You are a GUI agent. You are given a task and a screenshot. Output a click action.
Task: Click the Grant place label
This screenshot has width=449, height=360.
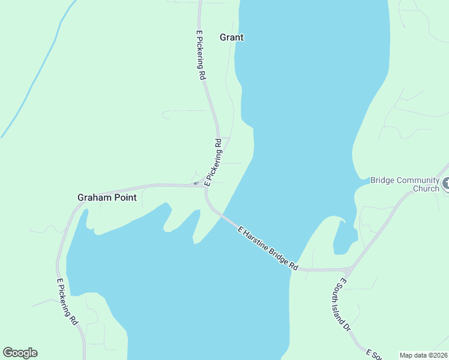click(x=232, y=37)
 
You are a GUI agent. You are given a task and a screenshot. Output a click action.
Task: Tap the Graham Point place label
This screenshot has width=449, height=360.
click(x=107, y=197)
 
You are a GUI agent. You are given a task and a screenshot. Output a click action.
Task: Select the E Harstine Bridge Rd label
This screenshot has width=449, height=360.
click(x=268, y=248)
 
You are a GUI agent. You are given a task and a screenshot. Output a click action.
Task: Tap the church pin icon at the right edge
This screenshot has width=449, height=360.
click(x=446, y=184)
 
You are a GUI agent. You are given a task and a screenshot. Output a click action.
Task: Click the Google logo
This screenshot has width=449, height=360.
click(x=20, y=353)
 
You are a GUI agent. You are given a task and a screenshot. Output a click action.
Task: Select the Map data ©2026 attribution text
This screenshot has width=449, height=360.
click(x=424, y=355)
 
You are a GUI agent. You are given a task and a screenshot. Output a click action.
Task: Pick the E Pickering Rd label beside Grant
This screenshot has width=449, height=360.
click(x=201, y=56)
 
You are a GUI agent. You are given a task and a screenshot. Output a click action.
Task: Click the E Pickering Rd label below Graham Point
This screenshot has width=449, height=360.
click(x=67, y=302)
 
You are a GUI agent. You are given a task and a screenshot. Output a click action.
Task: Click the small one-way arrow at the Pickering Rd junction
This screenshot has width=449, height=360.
click(x=195, y=183)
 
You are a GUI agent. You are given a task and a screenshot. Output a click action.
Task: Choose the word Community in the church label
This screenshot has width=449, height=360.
click(x=415, y=179)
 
